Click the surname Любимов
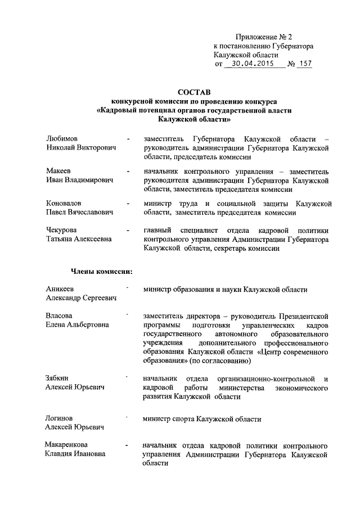click(62, 138)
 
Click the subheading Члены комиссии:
click(101, 272)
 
